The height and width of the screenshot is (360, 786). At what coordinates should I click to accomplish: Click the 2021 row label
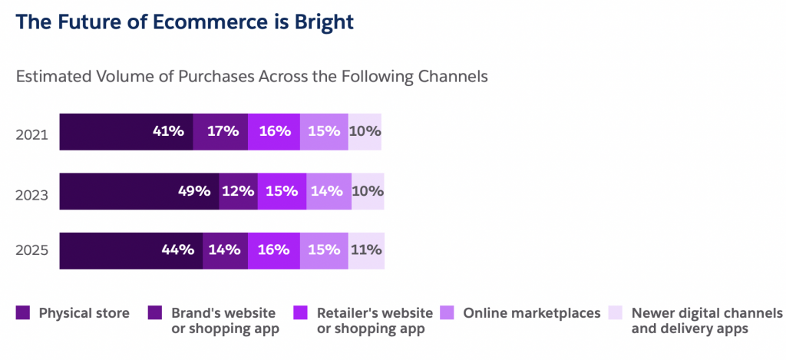click(31, 135)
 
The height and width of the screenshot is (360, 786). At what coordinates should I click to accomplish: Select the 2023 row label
click(31, 194)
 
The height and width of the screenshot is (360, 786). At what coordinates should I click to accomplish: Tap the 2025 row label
click(31, 249)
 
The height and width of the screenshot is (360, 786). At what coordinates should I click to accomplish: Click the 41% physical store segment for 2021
click(127, 132)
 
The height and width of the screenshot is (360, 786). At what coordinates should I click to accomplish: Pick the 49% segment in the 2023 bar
click(140, 192)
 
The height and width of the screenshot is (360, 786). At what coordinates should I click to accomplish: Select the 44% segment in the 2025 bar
click(131, 251)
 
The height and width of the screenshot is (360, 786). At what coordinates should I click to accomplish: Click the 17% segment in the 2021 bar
click(220, 132)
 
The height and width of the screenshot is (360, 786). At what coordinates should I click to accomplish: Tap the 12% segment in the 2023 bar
click(239, 192)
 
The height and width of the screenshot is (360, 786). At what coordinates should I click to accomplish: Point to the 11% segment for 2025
click(366, 251)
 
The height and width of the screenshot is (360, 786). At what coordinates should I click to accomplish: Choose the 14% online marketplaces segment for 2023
click(329, 192)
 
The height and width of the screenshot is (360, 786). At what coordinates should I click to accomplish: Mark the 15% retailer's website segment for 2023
click(282, 192)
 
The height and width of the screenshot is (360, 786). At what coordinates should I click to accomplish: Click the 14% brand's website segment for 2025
click(226, 251)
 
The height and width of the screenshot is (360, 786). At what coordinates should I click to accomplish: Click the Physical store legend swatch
click(23, 313)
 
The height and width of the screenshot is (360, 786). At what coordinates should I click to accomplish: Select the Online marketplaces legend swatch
click(447, 313)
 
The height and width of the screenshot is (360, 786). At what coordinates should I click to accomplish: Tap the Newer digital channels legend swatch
click(615, 313)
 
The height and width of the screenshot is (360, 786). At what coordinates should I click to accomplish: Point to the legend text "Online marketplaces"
click(532, 313)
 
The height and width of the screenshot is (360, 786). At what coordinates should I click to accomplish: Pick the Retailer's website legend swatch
click(301, 313)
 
